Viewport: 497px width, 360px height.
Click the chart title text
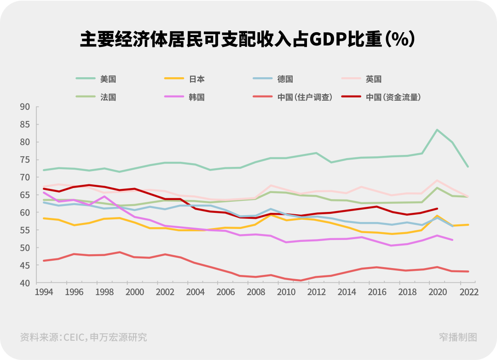(x=248, y=40)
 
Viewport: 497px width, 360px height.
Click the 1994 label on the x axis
(x=44, y=292)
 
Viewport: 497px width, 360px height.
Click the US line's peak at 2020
(x=437, y=130)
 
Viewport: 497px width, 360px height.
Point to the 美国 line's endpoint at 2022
(x=468, y=166)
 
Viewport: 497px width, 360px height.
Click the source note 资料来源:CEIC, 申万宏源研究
(x=83, y=337)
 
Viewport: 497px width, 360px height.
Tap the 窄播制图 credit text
(x=458, y=337)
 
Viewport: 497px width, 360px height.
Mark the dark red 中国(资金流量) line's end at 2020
(x=437, y=208)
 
